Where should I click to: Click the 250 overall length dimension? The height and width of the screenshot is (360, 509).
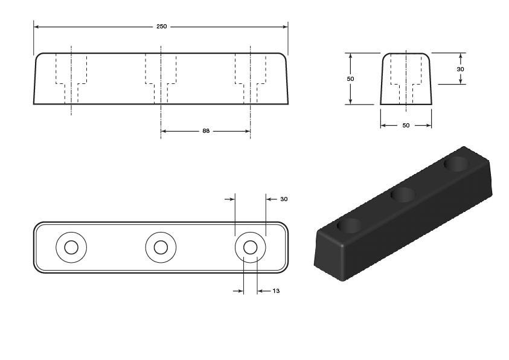pyautogui.click(x=162, y=27)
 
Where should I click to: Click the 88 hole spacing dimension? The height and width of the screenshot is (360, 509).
pyautogui.click(x=206, y=131)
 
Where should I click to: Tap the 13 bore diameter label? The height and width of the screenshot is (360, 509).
pyautogui.click(x=276, y=291)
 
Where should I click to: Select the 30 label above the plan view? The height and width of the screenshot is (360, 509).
pyautogui.click(x=284, y=199)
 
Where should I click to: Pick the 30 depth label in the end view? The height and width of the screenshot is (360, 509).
pyautogui.click(x=460, y=69)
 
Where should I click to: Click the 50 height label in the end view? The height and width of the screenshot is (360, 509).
pyautogui.click(x=350, y=79)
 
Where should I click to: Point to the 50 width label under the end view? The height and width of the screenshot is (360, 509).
pyautogui.click(x=406, y=125)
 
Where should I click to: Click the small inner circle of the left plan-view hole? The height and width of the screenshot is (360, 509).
pyautogui.click(x=71, y=248)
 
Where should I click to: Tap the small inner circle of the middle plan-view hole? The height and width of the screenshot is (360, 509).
pyautogui.click(x=161, y=248)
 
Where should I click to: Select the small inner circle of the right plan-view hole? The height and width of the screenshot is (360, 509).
pyautogui.click(x=251, y=248)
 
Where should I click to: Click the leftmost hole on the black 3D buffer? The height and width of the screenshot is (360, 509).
pyautogui.click(x=350, y=226)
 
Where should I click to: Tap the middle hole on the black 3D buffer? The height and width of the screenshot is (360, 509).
pyautogui.click(x=403, y=194)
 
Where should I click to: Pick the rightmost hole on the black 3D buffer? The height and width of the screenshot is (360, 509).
pyautogui.click(x=456, y=164)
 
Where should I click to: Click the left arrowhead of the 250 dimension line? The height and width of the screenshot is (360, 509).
pyautogui.click(x=37, y=27)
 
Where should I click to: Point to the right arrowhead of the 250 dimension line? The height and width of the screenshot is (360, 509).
pyautogui.click(x=285, y=27)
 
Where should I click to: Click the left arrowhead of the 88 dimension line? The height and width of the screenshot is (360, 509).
pyautogui.click(x=164, y=131)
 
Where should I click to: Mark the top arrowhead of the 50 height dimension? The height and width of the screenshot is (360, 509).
pyautogui.click(x=350, y=56)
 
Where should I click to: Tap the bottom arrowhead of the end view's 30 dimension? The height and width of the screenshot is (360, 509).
pyautogui.click(x=460, y=81)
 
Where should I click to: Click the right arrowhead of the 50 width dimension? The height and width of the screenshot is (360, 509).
pyautogui.click(x=429, y=125)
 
